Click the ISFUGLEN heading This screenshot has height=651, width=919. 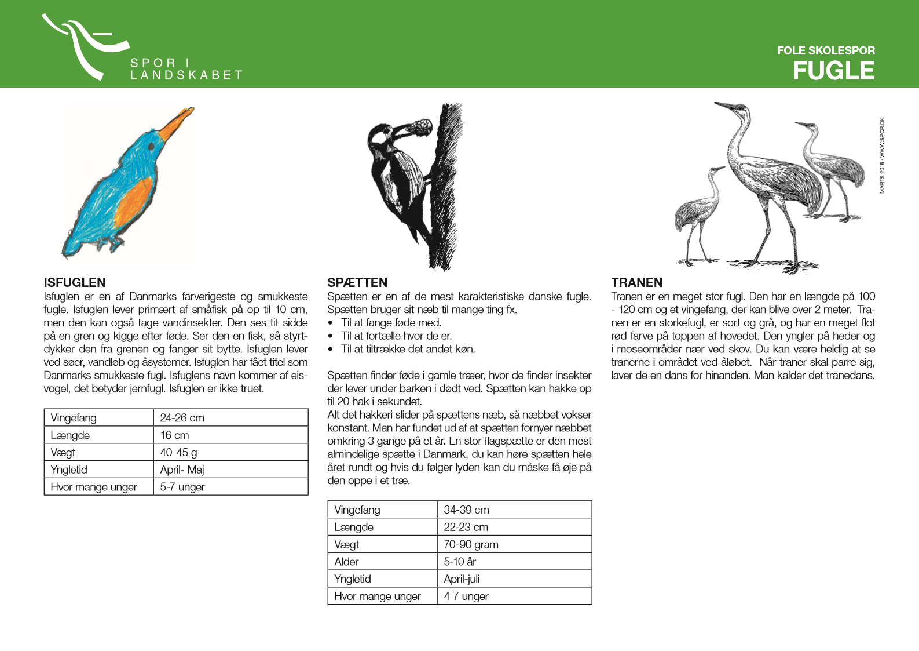tap(75, 282)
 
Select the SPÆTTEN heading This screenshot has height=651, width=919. tap(357, 282)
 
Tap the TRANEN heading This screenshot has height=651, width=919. tap(636, 282)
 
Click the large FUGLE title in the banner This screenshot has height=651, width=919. tap(833, 71)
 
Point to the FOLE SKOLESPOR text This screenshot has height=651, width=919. tap(826, 50)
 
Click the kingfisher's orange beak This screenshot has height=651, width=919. tap(177, 122)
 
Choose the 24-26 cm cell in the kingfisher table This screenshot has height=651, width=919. tap(182, 418)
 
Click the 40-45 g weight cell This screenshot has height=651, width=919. tap(178, 452)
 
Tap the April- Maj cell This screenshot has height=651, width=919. tap(182, 470)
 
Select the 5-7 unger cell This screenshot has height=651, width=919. tap(182, 487)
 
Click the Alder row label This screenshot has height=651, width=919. tap(346, 562)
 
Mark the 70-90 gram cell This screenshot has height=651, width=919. tap(471, 544)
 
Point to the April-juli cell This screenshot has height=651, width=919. tap(462, 579)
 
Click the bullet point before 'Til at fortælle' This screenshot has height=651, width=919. tap(331, 336)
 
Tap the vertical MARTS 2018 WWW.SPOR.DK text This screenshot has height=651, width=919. tap(882, 155)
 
